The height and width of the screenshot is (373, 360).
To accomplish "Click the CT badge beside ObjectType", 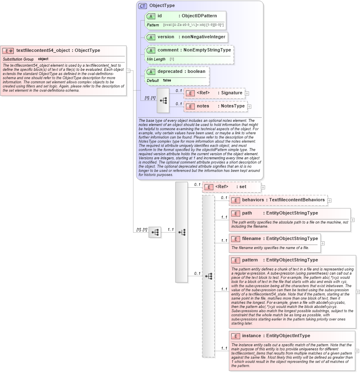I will click(x=143, y=6).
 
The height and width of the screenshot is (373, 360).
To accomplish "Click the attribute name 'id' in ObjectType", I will click(x=159, y=16).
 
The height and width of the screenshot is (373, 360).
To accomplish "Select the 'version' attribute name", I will click(x=166, y=37).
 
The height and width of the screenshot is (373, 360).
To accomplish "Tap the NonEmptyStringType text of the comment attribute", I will click(x=207, y=50).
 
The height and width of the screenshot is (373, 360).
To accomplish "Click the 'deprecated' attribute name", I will click(x=170, y=71).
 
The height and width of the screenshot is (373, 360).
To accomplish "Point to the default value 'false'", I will click(x=167, y=81).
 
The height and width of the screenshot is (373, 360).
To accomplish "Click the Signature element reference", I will click(x=231, y=93).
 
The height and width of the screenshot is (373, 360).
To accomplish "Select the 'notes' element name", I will click(x=203, y=106).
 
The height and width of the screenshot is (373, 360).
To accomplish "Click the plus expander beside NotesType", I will click(x=249, y=107).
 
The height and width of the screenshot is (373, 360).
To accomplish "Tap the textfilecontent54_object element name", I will click(x=43, y=51).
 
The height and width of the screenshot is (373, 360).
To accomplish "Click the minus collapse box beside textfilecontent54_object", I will click(x=129, y=70).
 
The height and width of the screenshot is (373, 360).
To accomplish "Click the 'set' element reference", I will click(x=243, y=187).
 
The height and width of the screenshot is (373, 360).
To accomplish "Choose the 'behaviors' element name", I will click(x=253, y=200).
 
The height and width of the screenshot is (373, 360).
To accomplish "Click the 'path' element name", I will click(x=247, y=213).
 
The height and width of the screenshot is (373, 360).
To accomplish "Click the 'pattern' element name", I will click(x=250, y=260).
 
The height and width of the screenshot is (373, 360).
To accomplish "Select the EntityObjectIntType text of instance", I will click(x=288, y=336).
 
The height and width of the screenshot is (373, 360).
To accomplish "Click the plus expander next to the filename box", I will click(x=323, y=243).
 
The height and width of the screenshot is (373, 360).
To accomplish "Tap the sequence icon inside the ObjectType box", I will click(x=163, y=100).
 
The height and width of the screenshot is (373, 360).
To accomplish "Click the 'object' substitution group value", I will click(x=43, y=59).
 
